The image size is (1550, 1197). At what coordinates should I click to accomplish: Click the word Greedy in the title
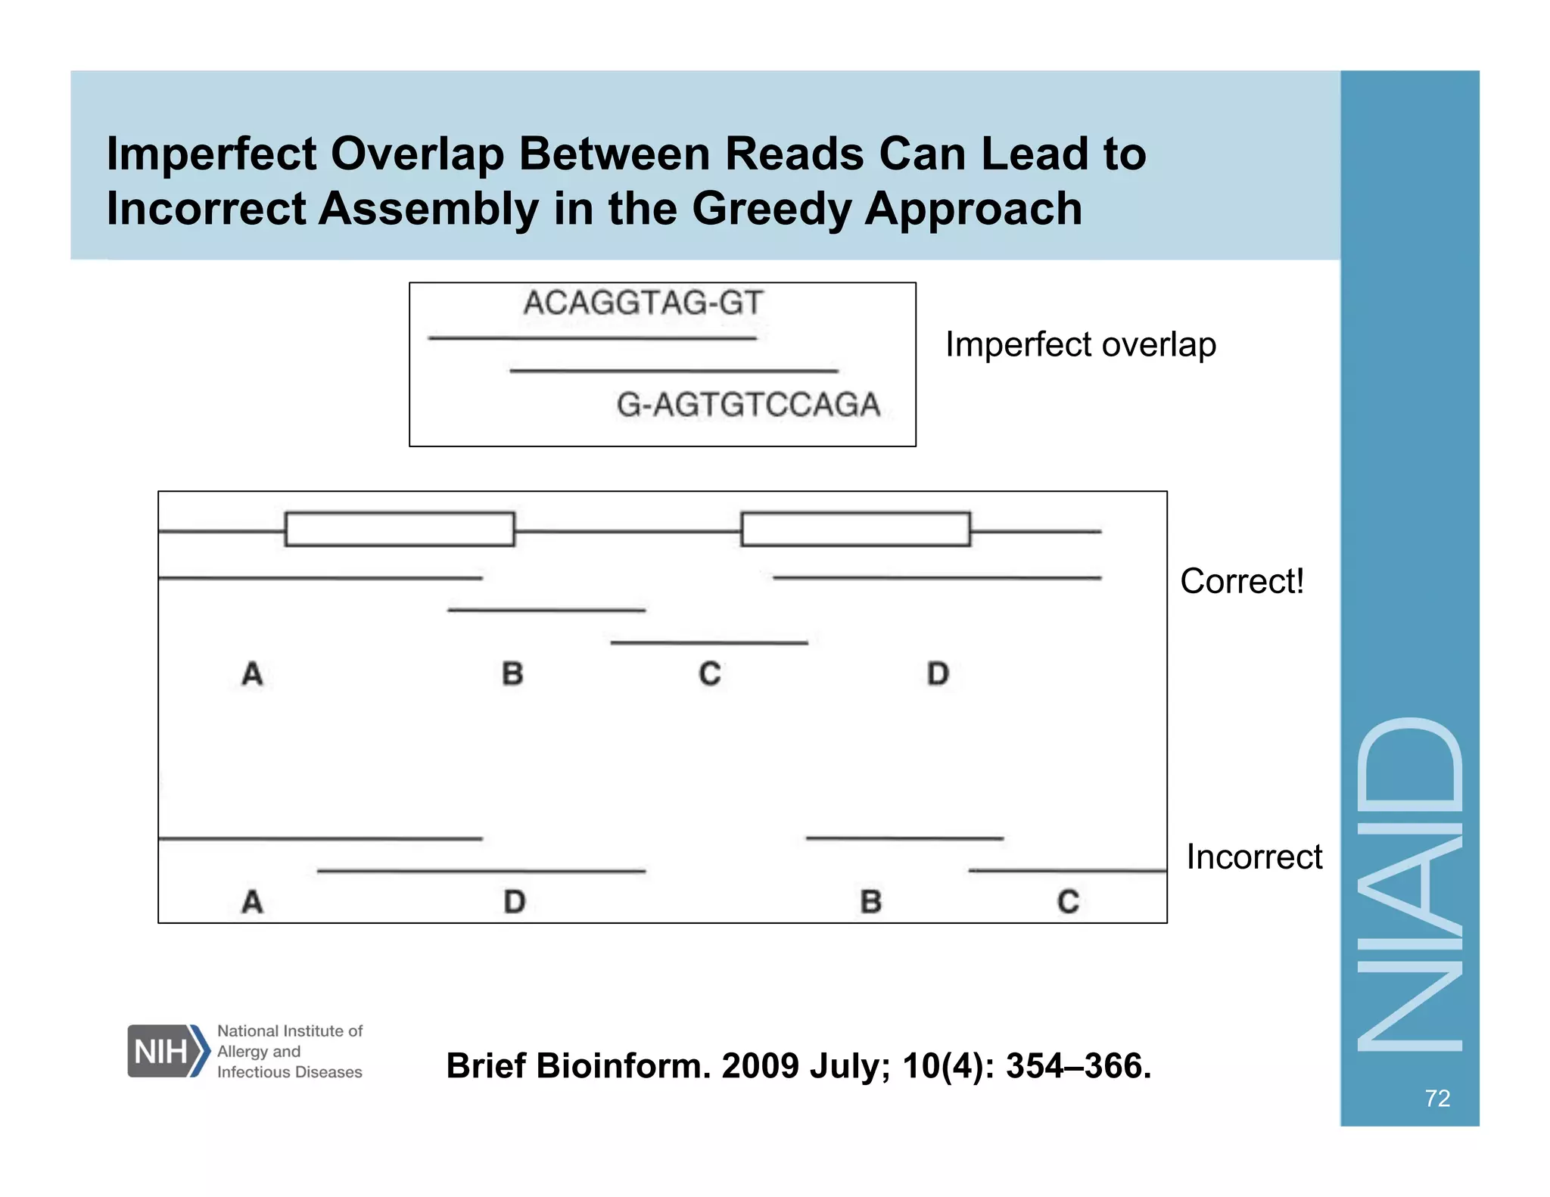coord(770,209)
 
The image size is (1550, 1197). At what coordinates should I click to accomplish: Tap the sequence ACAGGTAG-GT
coord(643,303)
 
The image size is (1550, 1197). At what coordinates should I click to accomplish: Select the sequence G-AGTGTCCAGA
coord(748,404)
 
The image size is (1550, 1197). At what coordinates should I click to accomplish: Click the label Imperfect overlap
coord(1080,344)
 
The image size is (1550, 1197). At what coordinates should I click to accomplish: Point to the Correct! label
coord(1241,581)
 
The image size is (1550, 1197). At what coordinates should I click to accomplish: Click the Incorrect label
coord(1253,857)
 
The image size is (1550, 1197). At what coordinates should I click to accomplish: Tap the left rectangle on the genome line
coord(400,529)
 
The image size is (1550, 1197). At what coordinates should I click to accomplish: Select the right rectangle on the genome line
coord(855,529)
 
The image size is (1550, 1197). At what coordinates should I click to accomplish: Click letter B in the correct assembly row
coord(512,673)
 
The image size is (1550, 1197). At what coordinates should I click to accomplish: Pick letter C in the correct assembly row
coord(710,673)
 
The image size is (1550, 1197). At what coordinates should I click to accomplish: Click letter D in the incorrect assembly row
coord(515,901)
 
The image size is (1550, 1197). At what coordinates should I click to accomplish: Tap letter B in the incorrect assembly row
coord(871,901)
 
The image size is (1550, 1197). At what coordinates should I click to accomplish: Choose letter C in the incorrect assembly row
coord(1068,901)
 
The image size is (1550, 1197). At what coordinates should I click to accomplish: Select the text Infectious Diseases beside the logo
coord(289,1072)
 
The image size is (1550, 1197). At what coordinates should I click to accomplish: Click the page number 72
coord(1436,1098)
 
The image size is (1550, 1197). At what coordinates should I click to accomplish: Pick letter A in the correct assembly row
coord(252,673)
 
